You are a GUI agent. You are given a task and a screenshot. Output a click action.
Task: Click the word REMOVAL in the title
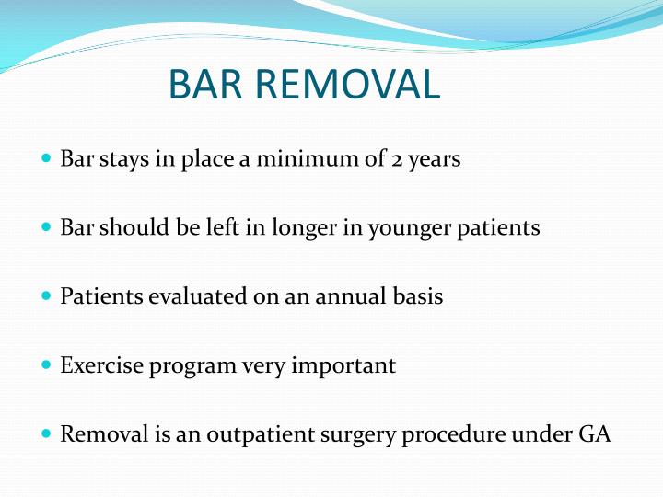(x=352, y=85)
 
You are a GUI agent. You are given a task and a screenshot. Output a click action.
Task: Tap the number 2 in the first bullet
(x=396, y=159)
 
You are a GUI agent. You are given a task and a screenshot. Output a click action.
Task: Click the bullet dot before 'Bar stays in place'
(x=47, y=159)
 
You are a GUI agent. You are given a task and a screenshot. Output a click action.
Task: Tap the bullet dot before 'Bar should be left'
(x=47, y=227)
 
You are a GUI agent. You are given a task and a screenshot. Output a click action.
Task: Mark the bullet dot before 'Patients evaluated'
(x=47, y=296)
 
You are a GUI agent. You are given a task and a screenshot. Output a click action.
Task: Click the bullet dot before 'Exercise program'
(x=47, y=365)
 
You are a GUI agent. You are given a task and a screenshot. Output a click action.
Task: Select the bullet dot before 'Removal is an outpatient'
(x=47, y=433)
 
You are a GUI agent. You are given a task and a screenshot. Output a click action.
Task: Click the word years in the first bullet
(x=435, y=160)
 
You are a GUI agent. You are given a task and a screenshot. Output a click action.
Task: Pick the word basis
(x=420, y=296)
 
